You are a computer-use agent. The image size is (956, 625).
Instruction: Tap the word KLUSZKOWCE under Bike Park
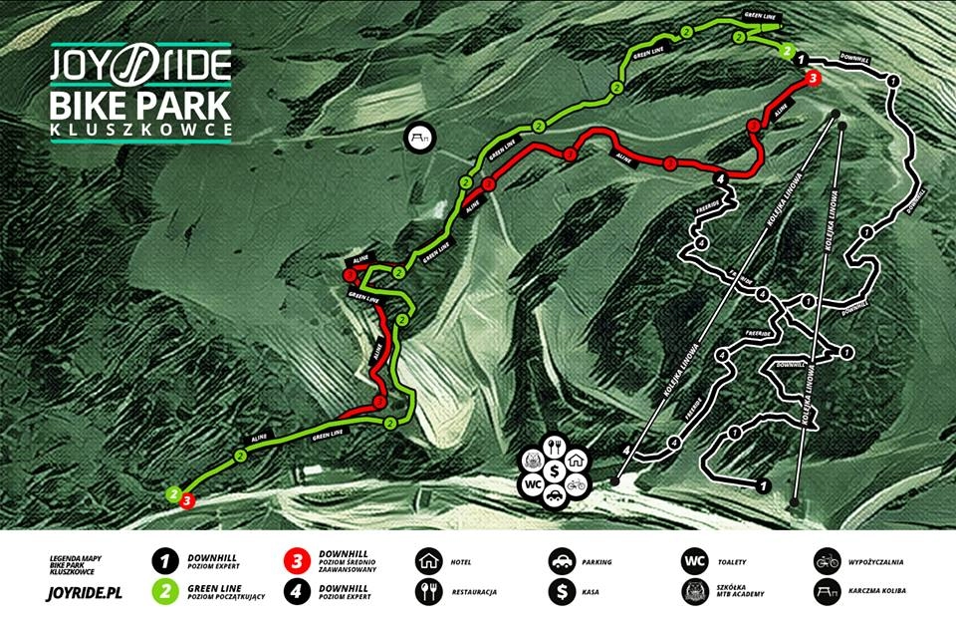click(x=140, y=130)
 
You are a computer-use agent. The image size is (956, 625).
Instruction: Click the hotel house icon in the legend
click(x=428, y=561)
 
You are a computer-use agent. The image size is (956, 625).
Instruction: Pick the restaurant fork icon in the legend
click(x=428, y=592)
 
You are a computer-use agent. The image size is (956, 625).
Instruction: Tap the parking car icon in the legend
click(x=561, y=561)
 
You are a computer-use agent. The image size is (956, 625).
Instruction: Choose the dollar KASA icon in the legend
click(x=561, y=592)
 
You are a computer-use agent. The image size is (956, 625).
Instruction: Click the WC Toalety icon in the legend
click(x=694, y=561)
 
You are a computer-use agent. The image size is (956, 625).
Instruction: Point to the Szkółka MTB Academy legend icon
click(x=694, y=592)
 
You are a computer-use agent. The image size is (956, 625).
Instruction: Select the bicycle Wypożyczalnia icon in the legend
click(x=827, y=561)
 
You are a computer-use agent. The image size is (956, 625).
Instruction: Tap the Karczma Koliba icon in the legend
click(x=827, y=592)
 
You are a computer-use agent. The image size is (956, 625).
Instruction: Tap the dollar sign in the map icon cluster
click(x=554, y=466)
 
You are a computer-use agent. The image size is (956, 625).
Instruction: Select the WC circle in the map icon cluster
click(x=532, y=485)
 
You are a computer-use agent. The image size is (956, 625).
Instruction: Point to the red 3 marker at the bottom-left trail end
click(x=186, y=501)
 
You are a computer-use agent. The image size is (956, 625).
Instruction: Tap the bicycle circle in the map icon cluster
click(x=575, y=485)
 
